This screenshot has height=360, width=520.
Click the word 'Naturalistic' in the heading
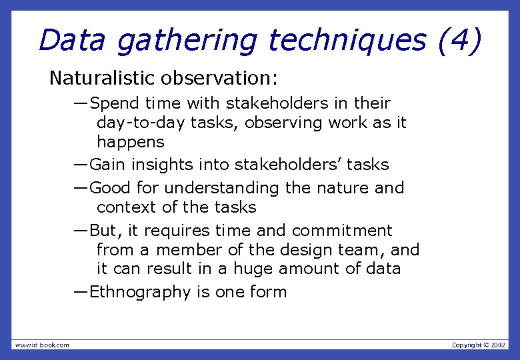pyautogui.click(x=101, y=79)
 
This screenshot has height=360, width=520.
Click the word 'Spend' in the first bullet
pyautogui.click(x=115, y=104)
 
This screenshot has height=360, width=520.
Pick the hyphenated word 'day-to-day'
pyautogui.click(x=137, y=123)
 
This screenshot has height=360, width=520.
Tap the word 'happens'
pyautogui.click(x=130, y=143)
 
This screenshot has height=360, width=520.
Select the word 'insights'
pyautogui.click(x=167, y=165)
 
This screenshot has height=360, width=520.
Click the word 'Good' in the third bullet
pyautogui.click(x=110, y=188)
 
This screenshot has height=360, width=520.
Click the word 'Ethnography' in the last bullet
pyautogui.click(x=141, y=292)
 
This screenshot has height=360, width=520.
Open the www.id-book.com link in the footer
pyautogui.click(x=41, y=345)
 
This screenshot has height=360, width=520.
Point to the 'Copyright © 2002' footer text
pyautogui.click(x=479, y=345)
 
